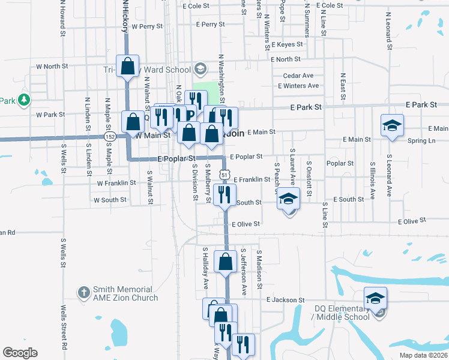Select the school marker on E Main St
[x=392, y=125]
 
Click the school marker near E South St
[x=289, y=199]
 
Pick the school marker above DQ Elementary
[x=375, y=298]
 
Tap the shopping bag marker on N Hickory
[x=128, y=66]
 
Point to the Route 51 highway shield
[x=224, y=174]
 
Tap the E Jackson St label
[x=286, y=300]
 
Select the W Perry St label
[x=147, y=26]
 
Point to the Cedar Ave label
[x=298, y=76]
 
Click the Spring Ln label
[x=421, y=140]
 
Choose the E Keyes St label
[x=287, y=44]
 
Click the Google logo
[x=20, y=353]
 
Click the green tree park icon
[x=24, y=100]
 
